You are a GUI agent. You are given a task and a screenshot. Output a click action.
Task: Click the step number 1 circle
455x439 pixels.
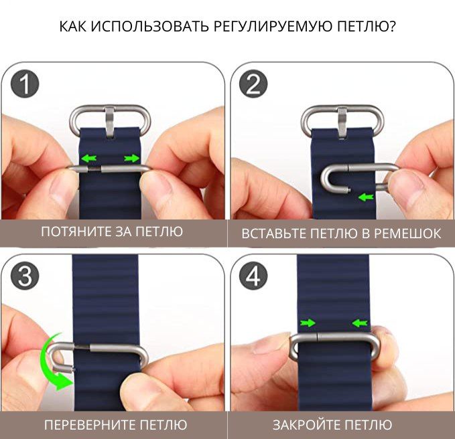click(x=25, y=84)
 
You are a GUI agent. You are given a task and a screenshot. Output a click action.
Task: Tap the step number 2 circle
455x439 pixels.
click(x=253, y=84)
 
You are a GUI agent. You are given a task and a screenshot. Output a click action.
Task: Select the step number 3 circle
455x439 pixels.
click(x=25, y=276)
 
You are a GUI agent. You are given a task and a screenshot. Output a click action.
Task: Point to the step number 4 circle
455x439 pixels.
click(x=253, y=276)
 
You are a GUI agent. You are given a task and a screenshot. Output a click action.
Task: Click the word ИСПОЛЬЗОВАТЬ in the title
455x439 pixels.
click(x=149, y=26)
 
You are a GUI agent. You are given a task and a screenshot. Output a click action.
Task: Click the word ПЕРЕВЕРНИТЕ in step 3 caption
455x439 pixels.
click(x=90, y=425)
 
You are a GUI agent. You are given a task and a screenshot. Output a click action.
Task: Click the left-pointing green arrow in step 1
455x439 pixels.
click(x=89, y=158)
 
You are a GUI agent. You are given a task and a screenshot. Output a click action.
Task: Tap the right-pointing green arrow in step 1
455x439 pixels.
click(x=132, y=158)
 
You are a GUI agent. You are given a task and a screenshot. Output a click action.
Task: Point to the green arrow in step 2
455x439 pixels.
click(x=366, y=197)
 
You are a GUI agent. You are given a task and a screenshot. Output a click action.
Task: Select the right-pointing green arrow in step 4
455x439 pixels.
click(x=308, y=323)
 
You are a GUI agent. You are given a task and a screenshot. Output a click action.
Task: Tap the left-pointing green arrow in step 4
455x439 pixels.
click(x=360, y=323)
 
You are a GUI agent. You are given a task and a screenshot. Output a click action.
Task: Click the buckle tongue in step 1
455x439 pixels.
click(x=111, y=122)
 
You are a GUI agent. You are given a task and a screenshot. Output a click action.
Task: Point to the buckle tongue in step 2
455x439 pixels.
click(x=342, y=122)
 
